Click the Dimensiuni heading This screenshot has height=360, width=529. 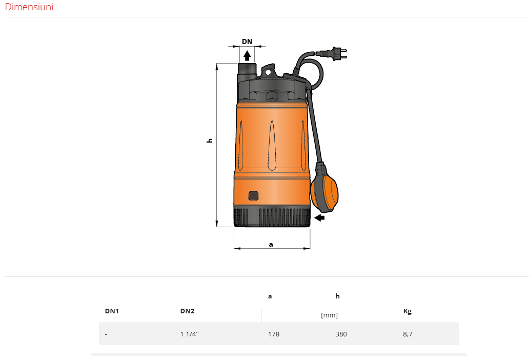point(29,7)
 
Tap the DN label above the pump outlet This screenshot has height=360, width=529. point(247,42)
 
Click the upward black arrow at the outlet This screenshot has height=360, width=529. point(247,56)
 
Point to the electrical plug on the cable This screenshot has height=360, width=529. point(332,54)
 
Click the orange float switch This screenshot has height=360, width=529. point(324,188)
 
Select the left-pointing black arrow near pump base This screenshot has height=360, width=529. point(319,217)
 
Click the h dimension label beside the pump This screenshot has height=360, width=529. point(210,141)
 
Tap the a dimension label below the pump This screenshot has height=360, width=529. point(271,245)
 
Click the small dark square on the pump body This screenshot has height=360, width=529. point(253,196)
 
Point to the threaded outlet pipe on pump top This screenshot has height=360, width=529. point(247,70)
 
